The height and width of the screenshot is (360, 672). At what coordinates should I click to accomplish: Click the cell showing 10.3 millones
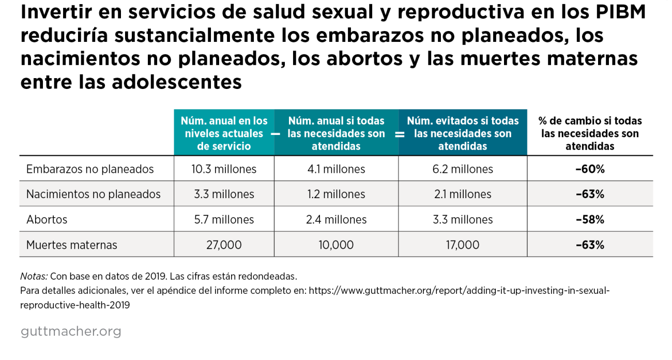pos(224,169)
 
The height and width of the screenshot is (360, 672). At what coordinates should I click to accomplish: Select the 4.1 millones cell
pos(336,169)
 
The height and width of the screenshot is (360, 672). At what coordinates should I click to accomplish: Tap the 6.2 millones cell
pos(463,169)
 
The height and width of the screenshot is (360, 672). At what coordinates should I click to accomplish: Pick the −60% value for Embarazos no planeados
pos(590,169)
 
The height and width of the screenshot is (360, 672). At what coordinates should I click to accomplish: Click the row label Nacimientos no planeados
pos(94,194)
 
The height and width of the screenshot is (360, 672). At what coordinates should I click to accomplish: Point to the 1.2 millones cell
pos(336,194)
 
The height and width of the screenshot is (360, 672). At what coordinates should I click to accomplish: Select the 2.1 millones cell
pos(463,194)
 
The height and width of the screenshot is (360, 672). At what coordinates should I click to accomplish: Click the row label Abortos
pos(47,220)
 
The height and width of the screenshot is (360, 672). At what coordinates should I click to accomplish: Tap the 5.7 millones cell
pos(224,220)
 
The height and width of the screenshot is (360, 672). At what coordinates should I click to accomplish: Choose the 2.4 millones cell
pos(336,220)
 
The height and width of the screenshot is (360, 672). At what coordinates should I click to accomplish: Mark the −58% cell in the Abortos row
pos(590,220)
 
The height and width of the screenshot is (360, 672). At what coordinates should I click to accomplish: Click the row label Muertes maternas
pos(72,245)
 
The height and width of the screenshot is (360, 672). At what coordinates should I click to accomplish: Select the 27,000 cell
pos(224,245)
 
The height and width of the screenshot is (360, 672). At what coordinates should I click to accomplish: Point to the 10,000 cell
pos(336,245)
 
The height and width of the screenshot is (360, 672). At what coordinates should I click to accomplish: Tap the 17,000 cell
pos(463,245)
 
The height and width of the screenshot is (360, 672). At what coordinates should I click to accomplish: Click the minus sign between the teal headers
pos(275,134)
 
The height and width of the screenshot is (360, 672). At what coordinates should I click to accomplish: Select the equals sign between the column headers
pos(399,134)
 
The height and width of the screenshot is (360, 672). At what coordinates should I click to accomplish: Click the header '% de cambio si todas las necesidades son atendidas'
pos(590,133)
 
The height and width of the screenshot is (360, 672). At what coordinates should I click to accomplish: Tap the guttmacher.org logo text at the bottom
pos(71,332)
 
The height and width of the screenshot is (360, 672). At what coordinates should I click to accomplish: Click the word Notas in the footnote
pos(34,276)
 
